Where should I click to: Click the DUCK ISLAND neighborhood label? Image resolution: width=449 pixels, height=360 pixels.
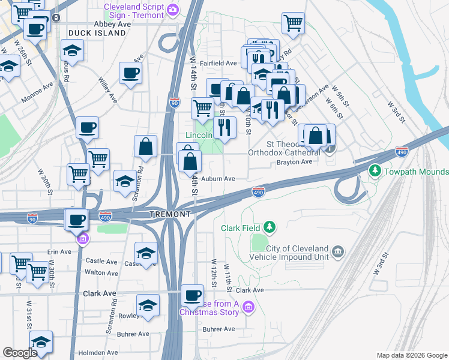click(x=97, y=33)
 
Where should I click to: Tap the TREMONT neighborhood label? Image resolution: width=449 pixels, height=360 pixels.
click(x=170, y=214)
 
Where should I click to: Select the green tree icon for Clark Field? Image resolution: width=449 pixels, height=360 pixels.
click(x=271, y=227)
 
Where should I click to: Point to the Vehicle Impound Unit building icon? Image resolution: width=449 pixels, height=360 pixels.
click(x=338, y=250)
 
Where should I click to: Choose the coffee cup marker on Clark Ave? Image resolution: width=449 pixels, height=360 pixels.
click(x=193, y=296)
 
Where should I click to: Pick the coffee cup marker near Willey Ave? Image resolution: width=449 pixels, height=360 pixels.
click(x=130, y=74)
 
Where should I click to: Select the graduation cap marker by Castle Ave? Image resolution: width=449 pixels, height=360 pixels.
click(x=146, y=254)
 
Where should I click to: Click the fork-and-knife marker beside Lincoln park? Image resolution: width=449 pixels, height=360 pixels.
click(x=224, y=127)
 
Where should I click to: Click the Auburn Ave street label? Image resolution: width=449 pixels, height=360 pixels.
click(x=217, y=178)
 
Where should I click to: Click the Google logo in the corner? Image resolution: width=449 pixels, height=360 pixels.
click(x=20, y=353)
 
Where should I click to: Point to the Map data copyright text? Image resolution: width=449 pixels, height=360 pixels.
click(x=411, y=355)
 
